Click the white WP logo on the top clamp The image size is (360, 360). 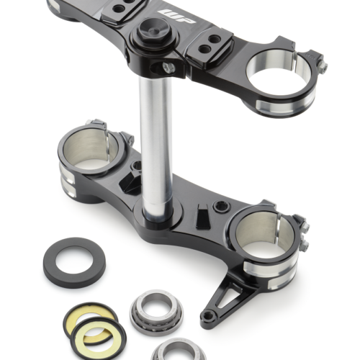tap(176, 16)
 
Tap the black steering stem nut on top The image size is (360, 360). tap(153, 32)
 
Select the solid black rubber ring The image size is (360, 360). tap(74, 263)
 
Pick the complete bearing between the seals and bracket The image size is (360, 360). tap(156, 309)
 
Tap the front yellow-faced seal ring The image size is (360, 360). tap(99, 336)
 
